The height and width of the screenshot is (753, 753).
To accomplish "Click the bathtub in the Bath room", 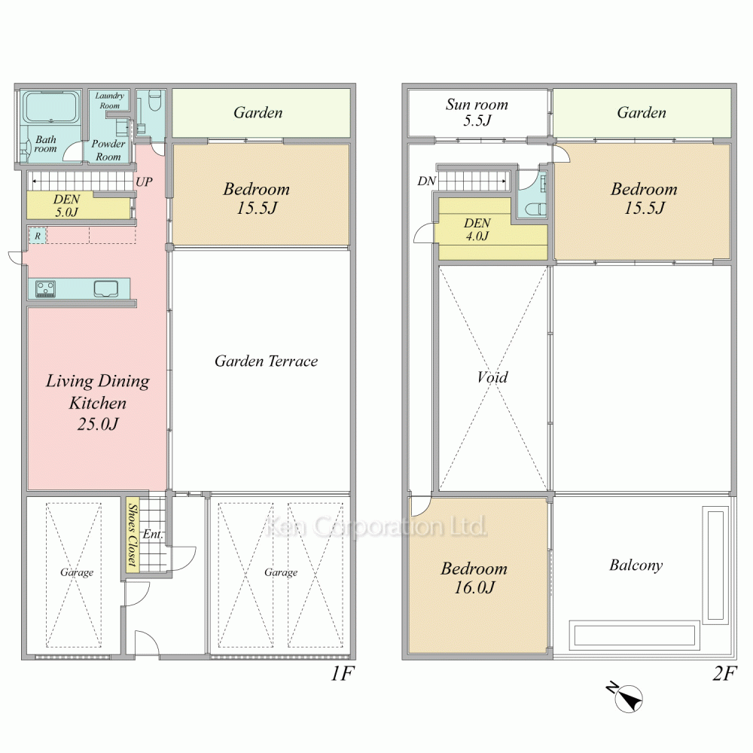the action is coord(51,107).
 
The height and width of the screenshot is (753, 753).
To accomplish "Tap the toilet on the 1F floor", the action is coord(155,100).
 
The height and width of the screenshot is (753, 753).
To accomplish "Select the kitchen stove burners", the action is coord(46,288).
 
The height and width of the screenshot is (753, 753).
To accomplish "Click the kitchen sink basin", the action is coord(105,288).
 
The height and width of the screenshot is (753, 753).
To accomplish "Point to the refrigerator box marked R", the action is coord(38,236).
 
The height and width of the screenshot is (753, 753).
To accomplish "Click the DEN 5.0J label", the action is coord(66,206).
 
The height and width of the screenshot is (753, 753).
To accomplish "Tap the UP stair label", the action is coord(144,182).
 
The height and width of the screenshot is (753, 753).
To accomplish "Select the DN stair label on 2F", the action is coord(426,181).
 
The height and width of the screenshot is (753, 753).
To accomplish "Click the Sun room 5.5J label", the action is coord(477,112).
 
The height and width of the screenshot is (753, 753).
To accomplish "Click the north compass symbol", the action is coord(626,697).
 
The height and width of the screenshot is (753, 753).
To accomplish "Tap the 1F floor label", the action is coord(343,674).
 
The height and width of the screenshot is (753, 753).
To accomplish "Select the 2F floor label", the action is coord(724,674).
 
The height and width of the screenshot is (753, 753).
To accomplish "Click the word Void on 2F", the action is coord(492,377).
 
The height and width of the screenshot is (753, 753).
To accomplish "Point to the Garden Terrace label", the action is coord(266,361).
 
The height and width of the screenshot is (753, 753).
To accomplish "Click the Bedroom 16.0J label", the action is coord(474,578).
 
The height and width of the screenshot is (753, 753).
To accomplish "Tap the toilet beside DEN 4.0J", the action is coord(535,209).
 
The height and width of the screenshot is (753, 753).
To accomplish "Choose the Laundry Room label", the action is coord(109,100).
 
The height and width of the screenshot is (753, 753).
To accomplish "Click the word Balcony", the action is coord(636,566).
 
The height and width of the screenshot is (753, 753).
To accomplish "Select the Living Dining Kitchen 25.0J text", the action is coord(97,402).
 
